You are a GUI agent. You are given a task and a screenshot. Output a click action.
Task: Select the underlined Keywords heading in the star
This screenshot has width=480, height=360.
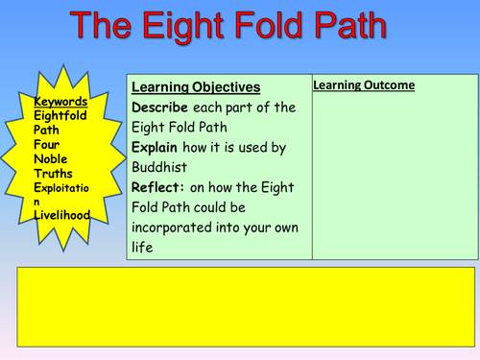[x=60, y=102]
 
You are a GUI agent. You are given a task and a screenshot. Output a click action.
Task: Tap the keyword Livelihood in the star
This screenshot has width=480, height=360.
[x=61, y=215]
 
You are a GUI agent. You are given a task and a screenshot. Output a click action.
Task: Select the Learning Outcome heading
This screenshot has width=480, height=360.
[x=364, y=85]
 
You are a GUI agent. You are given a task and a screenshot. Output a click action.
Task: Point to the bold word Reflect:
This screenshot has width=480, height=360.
[x=162, y=188]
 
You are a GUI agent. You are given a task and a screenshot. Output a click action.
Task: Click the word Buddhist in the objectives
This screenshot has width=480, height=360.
[x=161, y=169]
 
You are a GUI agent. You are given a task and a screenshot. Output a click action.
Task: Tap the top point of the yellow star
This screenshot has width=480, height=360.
[x=60, y=63]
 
